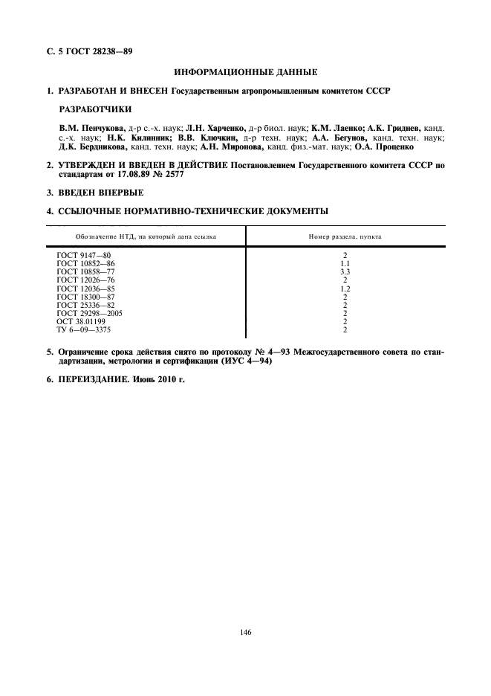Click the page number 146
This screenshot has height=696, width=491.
pyautogui.click(x=246, y=633)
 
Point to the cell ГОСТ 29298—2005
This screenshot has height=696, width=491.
pyautogui.click(x=90, y=313)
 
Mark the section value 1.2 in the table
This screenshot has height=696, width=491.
pyautogui.click(x=345, y=289)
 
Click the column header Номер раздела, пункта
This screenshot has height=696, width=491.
pyautogui.click(x=345, y=236)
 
